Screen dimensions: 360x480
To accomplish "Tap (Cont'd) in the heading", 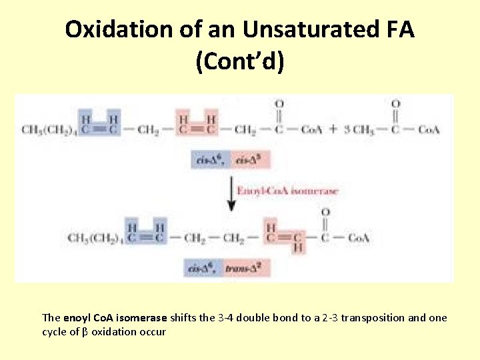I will pos(240,62).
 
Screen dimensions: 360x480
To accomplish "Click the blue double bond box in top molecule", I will pos(99,124).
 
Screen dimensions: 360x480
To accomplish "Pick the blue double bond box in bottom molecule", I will pos(146,231).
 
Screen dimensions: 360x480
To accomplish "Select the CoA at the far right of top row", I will pos(428,129).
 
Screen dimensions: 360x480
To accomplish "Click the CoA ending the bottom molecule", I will pos(358,237).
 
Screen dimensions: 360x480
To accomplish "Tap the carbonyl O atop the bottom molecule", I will pos(325,212).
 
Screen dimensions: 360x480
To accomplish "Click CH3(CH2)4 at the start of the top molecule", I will pos(49,129).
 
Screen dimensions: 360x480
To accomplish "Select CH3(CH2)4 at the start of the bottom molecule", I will pos(95,237).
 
